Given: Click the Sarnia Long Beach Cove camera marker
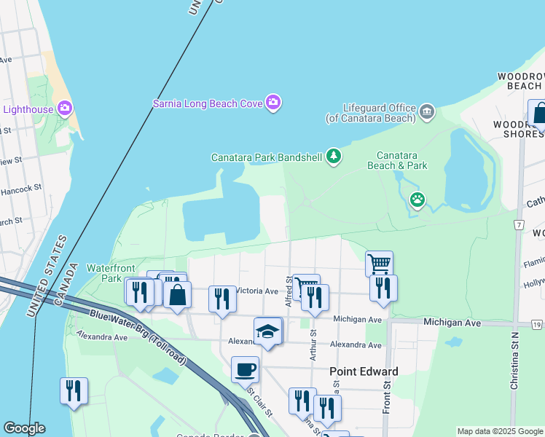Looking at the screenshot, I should point(273,103).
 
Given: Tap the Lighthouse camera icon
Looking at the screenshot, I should point(64,109).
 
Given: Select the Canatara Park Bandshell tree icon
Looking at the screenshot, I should point(334,157).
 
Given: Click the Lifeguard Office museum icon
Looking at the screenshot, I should point(427,112).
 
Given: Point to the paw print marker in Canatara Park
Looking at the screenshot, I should point(417,199).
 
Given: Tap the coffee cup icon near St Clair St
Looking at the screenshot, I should point(245,369).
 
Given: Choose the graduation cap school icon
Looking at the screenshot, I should point(268,331).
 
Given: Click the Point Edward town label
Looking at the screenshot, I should point(364,371).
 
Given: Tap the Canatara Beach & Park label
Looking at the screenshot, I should point(401,160).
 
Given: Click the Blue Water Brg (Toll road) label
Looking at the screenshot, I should point(138,337).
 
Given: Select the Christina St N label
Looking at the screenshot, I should point(514,371).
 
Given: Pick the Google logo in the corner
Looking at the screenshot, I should point(24,428).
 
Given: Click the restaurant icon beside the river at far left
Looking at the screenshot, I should point(74,390).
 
